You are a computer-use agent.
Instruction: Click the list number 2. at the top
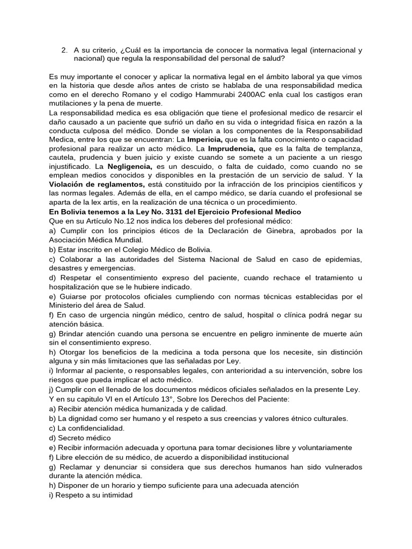tap(64, 50)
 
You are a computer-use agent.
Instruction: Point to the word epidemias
tap(342, 259)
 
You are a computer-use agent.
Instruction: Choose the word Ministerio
tap(67, 305)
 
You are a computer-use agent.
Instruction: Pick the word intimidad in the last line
tap(114, 495)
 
